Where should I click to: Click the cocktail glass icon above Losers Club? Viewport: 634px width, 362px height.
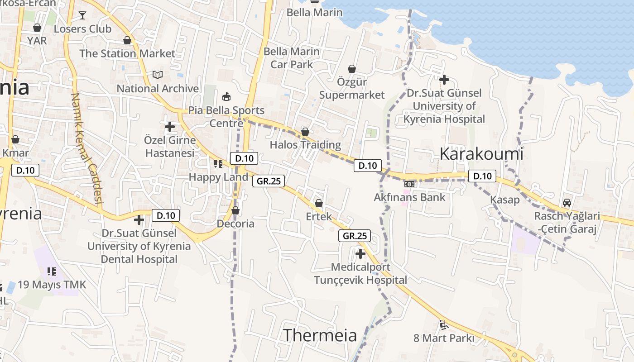tap(82, 15)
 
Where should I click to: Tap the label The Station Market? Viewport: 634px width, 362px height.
tap(127, 53)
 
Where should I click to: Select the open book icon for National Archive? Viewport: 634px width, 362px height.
tap(157, 75)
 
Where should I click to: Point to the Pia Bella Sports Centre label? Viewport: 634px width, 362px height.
tap(226, 117)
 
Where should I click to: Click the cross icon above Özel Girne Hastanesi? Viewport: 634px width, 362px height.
tap(170, 127)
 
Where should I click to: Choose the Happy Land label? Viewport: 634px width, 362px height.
tap(218, 177)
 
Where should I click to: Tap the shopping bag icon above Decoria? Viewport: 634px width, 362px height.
tap(235, 210)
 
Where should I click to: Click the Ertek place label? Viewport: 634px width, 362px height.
tap(319, 216)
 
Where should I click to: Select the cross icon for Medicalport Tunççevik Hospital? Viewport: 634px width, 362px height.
tap(360, 254)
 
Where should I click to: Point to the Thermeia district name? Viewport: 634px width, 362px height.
tap(320, 335)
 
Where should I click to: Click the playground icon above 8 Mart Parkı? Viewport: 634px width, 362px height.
tap(443, 324)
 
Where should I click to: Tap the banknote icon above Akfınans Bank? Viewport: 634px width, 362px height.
tap(409, 184)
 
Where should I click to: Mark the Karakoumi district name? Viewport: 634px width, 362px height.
tap(481, 154)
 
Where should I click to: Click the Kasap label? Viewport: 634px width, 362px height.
tap(505, 200)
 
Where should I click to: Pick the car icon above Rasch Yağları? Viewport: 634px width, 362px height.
tap(567, 202)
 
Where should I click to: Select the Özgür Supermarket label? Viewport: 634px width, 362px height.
tap(352, 89)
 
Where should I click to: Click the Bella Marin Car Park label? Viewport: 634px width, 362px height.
tap(292, 58)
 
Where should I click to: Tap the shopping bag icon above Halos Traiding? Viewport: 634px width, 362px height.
tap(305, 132)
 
